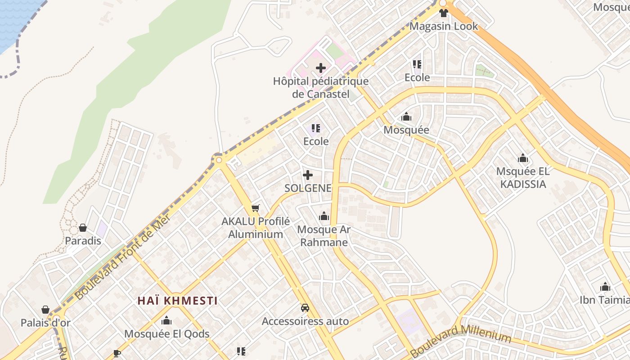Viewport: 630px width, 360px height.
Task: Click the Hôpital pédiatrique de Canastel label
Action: pos(320,88)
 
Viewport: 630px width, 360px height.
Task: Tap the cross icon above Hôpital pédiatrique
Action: pos(321,68)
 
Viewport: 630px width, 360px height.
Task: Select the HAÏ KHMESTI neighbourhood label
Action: pos(177,301)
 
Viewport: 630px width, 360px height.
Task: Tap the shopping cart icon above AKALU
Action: pos(255,208)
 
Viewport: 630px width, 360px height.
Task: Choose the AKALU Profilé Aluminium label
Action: pos(256,228)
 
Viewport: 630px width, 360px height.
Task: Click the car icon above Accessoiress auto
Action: pos(305,308)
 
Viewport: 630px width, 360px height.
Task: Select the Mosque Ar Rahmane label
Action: pos(324,236)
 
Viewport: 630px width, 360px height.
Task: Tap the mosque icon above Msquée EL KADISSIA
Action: pos(522,158)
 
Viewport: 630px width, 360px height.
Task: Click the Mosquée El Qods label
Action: pos(167,334)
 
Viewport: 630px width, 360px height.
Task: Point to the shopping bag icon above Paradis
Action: pos(83,228)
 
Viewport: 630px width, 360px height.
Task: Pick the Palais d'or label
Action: pos(45,323)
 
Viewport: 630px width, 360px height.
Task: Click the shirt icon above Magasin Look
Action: pos(444,13)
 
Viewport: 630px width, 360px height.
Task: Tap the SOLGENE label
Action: pos(308,188)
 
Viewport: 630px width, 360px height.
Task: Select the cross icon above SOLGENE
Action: pos(308,175)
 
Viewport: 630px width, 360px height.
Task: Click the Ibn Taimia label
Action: pos(604,300)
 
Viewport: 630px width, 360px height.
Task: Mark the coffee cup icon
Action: pos(117,353)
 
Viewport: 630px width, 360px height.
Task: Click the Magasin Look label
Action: pos(444,26)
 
